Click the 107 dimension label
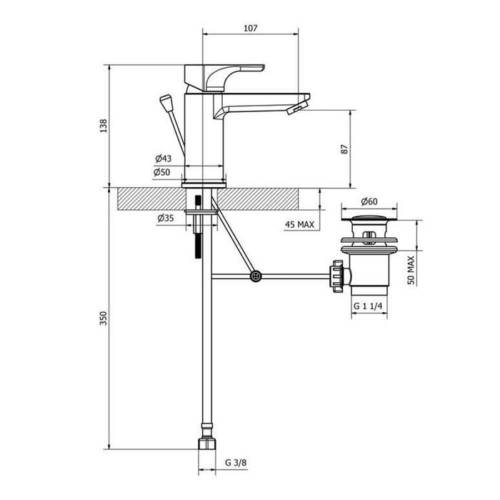[x=250, y=28]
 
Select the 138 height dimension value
[x=104, y=126]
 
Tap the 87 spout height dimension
[x=345, y=149]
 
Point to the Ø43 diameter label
[x=164, y=158]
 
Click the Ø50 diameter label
[x=162, y=172]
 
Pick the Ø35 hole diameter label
[x=166, y=218]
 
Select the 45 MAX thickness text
[x=299, y=224]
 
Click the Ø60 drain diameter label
[x=369, y=201]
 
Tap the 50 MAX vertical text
[x=411, y=270]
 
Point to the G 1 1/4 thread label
[x=368, y=306]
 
